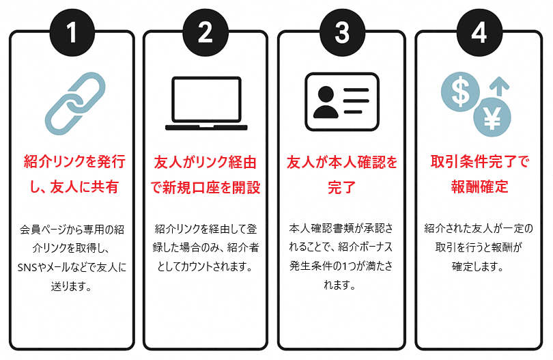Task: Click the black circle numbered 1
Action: click(x=72, y=32)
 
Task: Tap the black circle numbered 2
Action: click(x=206, y=32)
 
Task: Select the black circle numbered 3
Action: click(x=341, y=32)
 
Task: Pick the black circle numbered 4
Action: click(x=479, y=32)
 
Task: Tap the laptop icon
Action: click(x=206, y=104)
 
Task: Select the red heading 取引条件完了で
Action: click(x=479, y=162)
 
